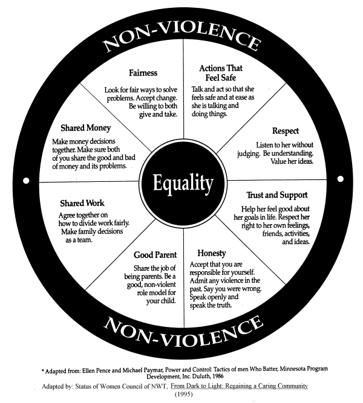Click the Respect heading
click(285, 131)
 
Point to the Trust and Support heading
click(277, 196)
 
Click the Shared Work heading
click(82, 204)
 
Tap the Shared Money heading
click(85, 128)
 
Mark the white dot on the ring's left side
click(25, 181)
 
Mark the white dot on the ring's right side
click(339, 179)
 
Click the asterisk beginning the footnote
click(43, 368)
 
